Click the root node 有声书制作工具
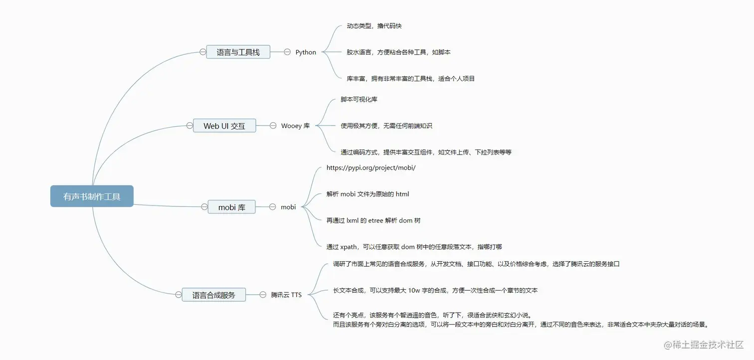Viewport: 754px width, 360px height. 92,196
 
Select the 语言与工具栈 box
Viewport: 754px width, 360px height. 238,52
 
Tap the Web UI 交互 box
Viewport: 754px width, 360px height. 224,126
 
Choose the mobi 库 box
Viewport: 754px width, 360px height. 231,207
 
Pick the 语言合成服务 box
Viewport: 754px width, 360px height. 214,295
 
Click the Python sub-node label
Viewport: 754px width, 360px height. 306,52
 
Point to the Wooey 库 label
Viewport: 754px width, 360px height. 295,126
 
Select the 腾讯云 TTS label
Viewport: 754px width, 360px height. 286,295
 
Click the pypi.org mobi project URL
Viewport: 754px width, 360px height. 371,168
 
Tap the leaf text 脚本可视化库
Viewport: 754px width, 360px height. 359,99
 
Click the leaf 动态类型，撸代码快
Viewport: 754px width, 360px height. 374,26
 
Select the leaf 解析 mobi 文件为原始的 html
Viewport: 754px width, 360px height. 368,194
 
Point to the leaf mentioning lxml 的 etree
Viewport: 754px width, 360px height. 374,220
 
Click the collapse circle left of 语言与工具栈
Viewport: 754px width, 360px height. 202,52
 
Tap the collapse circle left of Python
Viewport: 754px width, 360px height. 287,52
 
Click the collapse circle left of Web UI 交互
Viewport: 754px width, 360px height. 189,126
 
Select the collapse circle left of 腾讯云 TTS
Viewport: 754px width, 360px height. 263,295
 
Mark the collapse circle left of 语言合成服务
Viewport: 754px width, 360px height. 179,295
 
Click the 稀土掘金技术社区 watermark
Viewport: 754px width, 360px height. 704,345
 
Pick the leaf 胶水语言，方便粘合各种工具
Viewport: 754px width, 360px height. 398,52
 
